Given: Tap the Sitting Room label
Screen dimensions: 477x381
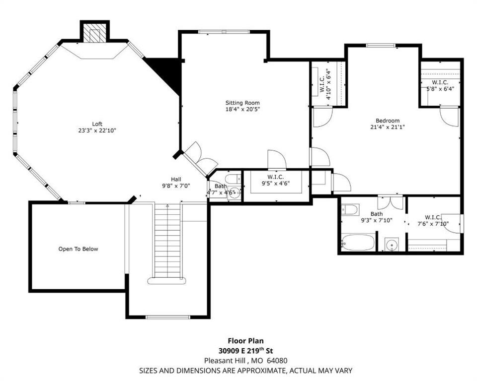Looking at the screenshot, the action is (242, 106).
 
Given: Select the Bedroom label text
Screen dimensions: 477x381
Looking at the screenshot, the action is (387, 124).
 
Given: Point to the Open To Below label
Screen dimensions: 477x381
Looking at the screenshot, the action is (78, 249).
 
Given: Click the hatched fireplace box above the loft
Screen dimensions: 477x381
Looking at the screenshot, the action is (94, 33).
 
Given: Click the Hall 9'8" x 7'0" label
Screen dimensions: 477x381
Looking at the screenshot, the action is (176, 183).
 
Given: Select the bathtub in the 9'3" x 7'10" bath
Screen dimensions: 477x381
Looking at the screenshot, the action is (358, 242).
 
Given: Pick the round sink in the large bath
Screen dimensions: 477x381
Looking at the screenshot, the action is (392, 245).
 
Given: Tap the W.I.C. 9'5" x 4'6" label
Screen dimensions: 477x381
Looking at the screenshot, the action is (276, 180).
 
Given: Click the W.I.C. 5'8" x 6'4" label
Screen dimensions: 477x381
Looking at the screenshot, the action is (440, 86).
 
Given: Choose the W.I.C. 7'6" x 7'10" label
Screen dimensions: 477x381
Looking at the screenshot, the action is (433, 221).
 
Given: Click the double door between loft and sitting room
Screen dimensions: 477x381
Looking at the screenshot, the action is (198, 160).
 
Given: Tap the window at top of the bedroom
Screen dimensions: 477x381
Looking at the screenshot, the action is (380, 46).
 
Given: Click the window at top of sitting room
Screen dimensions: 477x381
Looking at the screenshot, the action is (224, 32).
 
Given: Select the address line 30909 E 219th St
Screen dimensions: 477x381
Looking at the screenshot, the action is (246, 351).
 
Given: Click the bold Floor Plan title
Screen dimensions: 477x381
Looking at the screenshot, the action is (246, 341).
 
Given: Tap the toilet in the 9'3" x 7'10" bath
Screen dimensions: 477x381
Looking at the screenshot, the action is (349, 210).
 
